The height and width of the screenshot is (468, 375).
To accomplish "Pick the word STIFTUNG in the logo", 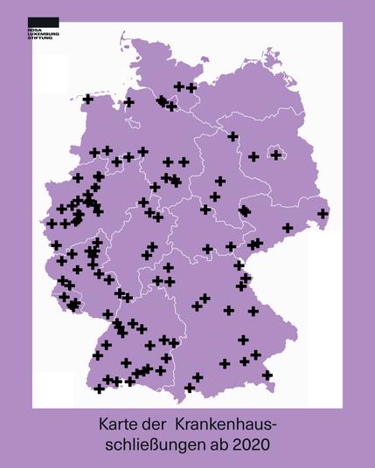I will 40,39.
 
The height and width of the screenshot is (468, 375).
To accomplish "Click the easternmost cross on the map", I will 323,213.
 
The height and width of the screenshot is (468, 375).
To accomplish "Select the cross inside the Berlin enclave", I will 276,155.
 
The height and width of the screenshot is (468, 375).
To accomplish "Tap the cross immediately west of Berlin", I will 253,157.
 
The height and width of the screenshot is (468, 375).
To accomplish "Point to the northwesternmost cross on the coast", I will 87,99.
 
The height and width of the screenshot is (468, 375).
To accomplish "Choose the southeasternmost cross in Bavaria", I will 267,375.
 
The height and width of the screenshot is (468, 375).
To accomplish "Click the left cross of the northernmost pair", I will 179,86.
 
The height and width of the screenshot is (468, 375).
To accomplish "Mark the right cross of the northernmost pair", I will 191,87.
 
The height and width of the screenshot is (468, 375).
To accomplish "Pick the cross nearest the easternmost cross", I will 287,228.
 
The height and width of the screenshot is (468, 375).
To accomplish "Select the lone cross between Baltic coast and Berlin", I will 233,136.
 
